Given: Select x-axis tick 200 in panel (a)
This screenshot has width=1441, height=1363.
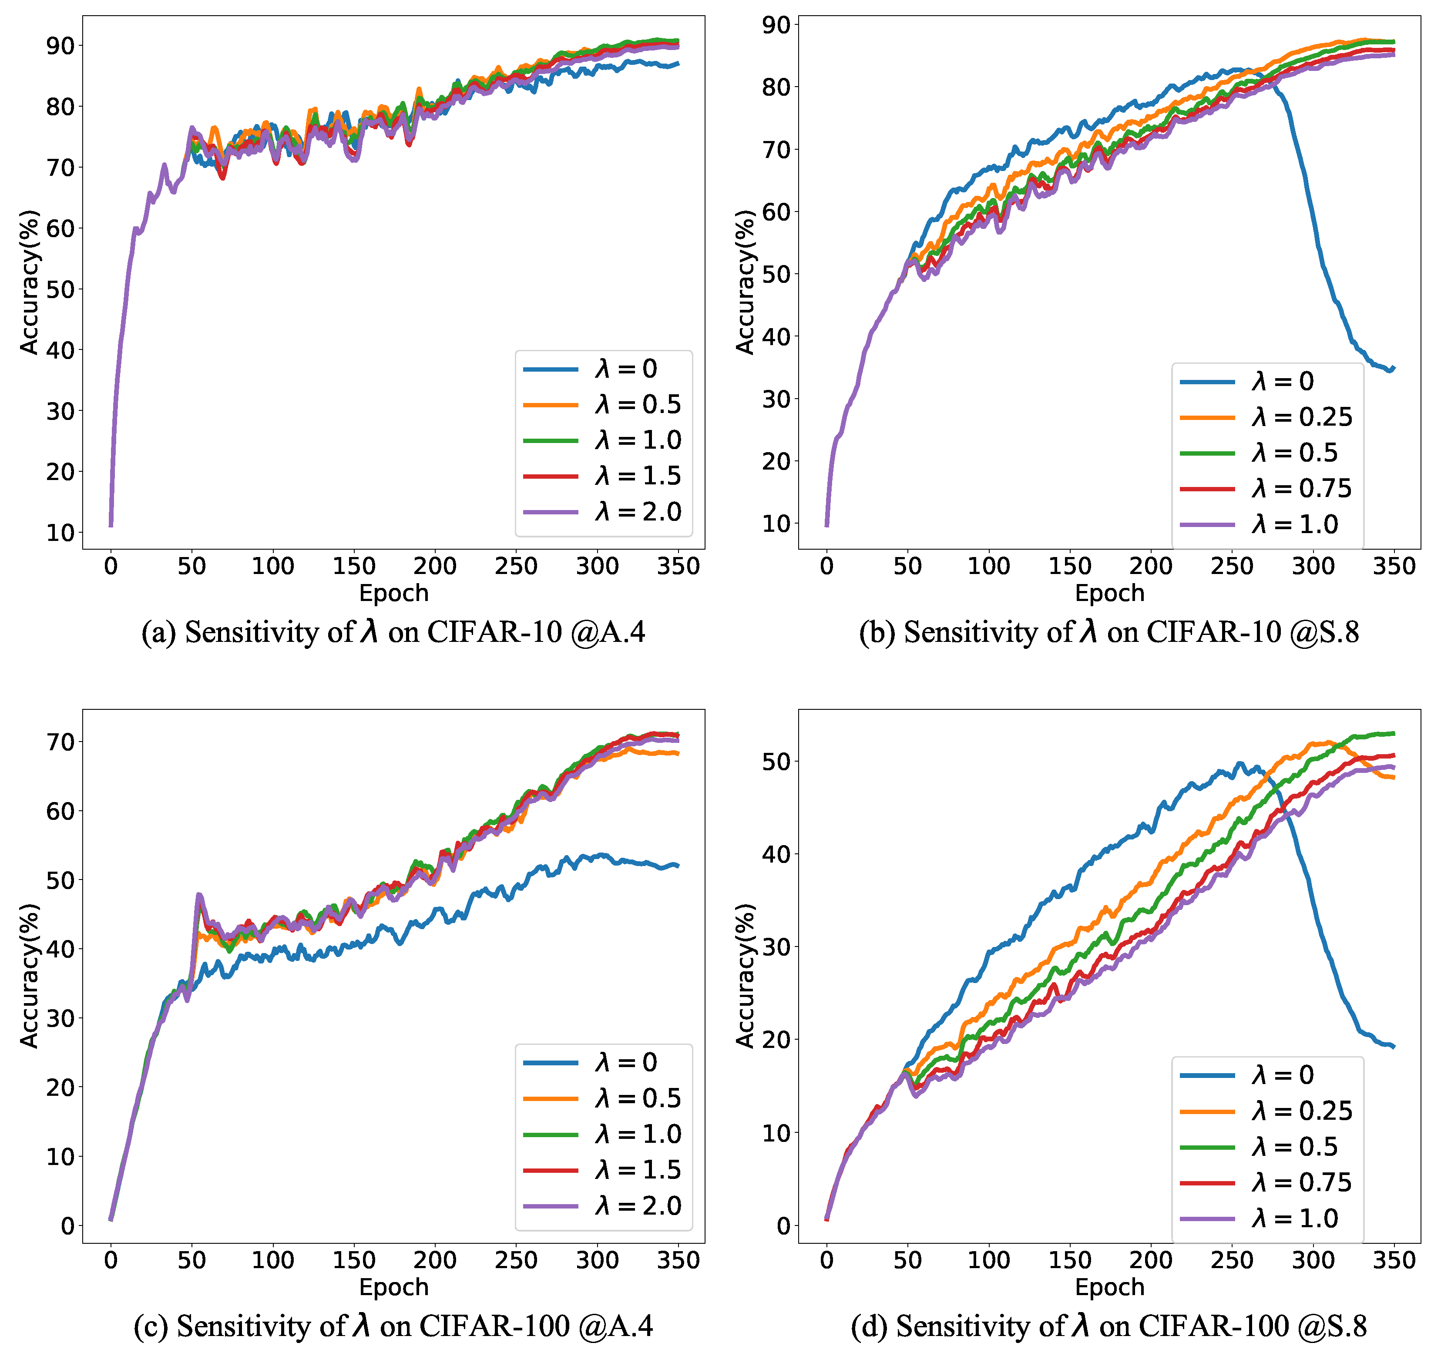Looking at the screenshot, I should (x=434, y=566).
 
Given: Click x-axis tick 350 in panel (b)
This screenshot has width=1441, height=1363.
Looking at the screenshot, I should (x=1394, y=566).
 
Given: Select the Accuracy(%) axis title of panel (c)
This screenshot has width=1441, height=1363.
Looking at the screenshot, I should (x=29, y=976).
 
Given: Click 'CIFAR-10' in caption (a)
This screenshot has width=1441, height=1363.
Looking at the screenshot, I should (x=494, y=632).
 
